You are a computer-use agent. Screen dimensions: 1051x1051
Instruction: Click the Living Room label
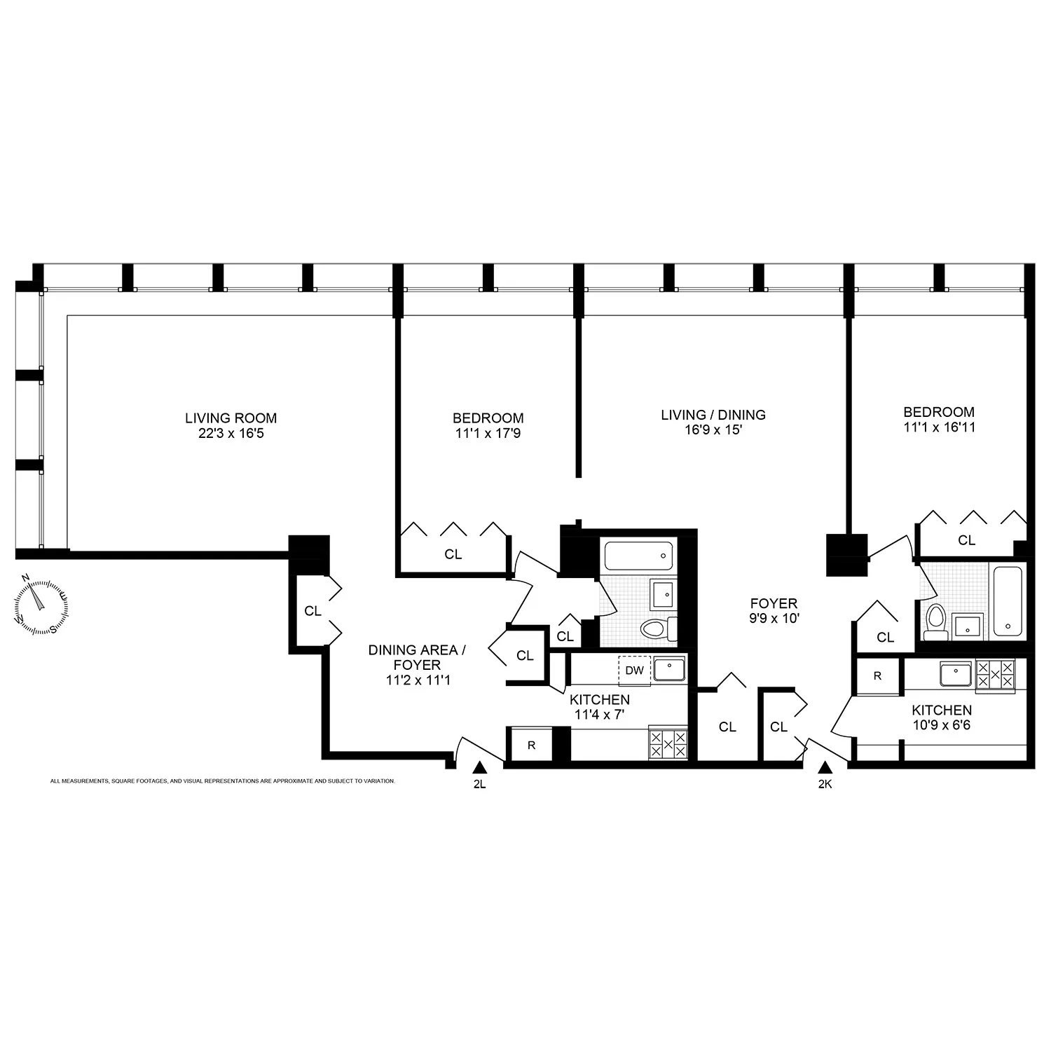coord(231,418)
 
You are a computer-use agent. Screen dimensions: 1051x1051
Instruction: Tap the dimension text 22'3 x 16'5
coord(231,434)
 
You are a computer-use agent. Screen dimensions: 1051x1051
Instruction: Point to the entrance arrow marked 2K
coord(825,768)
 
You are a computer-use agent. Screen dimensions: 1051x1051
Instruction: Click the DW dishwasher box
coord(634,671)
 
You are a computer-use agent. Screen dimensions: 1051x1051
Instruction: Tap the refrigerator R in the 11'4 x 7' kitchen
coord(530,745)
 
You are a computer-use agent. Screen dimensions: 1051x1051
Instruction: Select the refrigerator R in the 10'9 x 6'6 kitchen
coord(877,676)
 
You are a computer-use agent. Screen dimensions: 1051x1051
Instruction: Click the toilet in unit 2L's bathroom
coord(654,628)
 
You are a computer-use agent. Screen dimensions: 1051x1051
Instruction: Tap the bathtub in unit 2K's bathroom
coord(1008,601)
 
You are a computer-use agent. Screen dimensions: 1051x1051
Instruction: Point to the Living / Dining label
coord(713,415)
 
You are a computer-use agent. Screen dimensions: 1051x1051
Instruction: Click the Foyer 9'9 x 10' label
coord(774,610)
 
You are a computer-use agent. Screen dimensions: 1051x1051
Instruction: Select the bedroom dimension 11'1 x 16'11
coord(939,427)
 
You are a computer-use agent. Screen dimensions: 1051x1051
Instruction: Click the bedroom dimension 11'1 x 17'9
coord(488,434)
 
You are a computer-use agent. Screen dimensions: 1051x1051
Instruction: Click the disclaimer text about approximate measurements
coord(223,781)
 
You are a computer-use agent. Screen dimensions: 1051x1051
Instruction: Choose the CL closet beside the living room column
coord(312,611)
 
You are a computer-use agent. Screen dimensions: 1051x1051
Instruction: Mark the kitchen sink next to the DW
coord(669,669)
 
